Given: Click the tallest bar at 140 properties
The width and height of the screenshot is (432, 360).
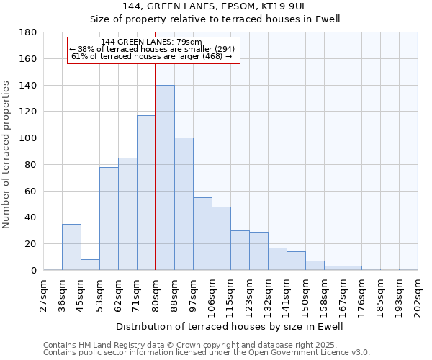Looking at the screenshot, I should [165, 178].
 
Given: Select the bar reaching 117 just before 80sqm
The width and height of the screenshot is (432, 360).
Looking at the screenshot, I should [146, 193].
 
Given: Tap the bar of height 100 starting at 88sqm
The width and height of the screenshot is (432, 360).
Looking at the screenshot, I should [184, 204].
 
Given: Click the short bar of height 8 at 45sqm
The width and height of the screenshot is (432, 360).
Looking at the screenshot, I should [90, 264].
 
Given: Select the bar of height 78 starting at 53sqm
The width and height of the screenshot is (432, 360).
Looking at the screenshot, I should [109, 218].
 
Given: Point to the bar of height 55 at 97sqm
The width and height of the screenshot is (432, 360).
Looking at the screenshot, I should [202, 234].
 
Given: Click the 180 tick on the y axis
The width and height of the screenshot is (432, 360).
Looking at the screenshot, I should [28, 32].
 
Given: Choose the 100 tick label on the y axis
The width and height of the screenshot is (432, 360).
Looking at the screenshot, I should [28, 138].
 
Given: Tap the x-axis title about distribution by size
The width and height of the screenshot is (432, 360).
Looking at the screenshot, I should [230, 326].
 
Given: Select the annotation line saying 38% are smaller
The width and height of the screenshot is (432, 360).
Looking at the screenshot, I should [152, 49].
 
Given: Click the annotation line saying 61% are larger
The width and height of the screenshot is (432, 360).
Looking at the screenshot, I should [152, 56].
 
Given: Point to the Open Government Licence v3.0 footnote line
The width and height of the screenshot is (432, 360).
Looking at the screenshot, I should [207, 352].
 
